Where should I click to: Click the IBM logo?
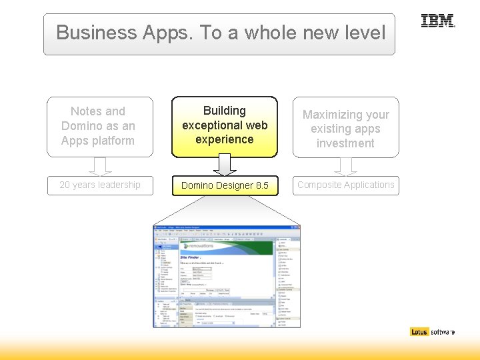(437, 21)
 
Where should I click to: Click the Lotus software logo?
(433, 331)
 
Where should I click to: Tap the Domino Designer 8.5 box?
(225, 185)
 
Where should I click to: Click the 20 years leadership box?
(100, 185)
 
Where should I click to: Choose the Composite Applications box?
(345, 185)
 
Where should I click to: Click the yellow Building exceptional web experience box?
(225, 126)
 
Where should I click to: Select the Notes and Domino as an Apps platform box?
(98, 127)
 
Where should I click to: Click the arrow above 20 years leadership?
(100, 166)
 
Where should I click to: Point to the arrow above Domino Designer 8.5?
(225, 165)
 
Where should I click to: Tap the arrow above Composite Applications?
(345, 166)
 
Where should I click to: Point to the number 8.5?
(261, 185)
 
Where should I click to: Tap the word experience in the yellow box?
(225, 139)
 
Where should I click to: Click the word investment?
(345, 143)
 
